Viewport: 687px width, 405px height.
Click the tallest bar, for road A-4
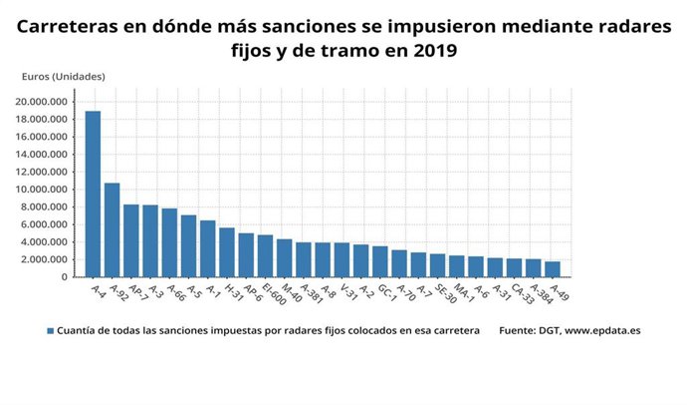tap(93, 194)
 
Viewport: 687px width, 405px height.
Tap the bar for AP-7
tap(130, 240)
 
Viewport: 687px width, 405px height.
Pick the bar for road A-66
tap(169, 242)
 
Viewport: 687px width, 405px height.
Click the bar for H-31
tap(227, 252)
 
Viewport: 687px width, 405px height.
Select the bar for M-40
tap(284, 258)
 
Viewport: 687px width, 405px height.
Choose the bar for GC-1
tap(379, 261)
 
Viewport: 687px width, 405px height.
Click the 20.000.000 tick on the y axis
tap(42, 102)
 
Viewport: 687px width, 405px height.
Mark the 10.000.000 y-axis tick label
tap(42, 190)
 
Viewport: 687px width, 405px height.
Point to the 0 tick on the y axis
tap(64, 277)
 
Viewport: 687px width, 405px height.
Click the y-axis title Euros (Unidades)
tap(63, 76)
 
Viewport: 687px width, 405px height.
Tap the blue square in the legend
tap(50, 330)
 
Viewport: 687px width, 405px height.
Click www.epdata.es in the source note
tap(602, 330)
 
